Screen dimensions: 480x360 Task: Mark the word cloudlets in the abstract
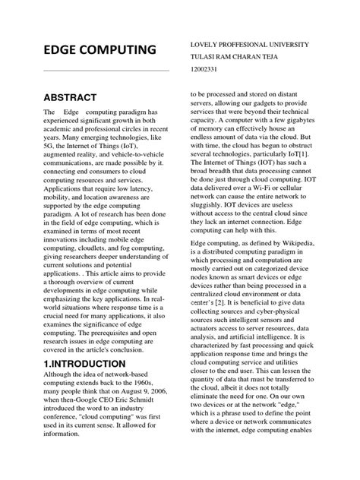(x=97, y=281)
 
